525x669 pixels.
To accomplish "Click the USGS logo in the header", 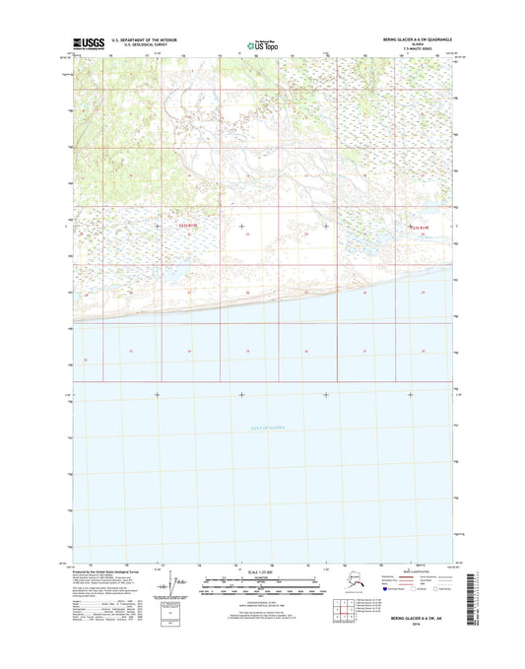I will (89, 42).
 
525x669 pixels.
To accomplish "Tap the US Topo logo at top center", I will (262, 43).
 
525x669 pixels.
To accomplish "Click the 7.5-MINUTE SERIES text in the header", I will (418, 48).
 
